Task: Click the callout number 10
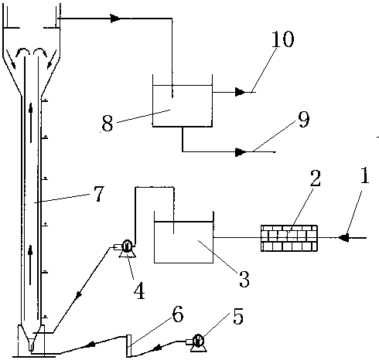click(x=283, y=39)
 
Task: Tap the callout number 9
click(x=304, y=120)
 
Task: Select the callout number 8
click(x=108, y=124)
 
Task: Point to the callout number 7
click(x=99, y=194)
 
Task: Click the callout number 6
click(x=178, y=314)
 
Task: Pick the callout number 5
click(x=238, y=316)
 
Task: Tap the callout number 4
click(x=139, y=290)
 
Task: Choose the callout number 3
click(x=244, y=279)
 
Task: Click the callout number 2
click(x=315, y=178)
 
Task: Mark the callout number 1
click(x=365, y=175)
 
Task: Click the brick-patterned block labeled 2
click(x=289, y=238)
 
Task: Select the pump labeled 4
click(x=125, y=248)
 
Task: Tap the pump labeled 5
click(x=196, y=342)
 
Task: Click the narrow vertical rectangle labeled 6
click(x=128, y=345)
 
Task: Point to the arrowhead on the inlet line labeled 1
click(x=343, y=238)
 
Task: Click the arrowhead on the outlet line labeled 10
click(x=241, y=92)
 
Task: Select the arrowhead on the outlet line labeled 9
click(x=241, y=152)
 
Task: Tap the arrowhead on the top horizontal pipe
click(x=115, y=19)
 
